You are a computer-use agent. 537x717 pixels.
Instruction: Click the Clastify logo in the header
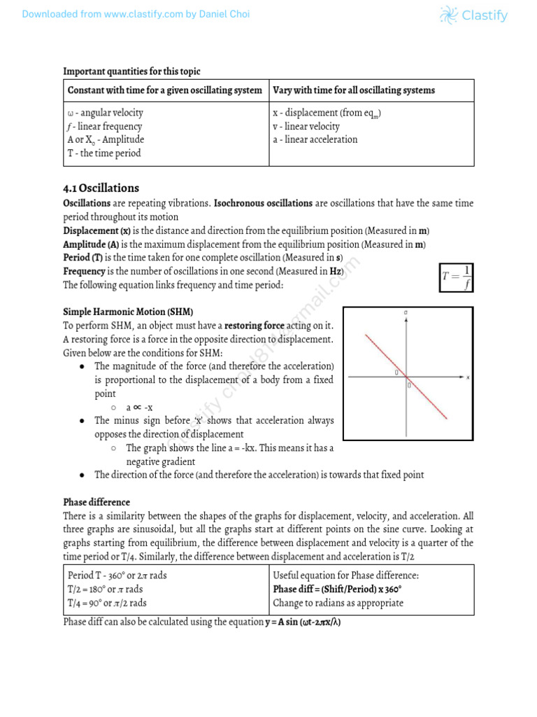pos(473,15)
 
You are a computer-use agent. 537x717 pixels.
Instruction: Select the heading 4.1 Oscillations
pos(101,188)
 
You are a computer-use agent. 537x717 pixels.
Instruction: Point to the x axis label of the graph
pos(467,377)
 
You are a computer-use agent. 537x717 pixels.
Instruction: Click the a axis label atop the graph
pos(406,311)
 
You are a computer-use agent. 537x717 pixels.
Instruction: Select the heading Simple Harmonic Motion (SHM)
pos(128,312)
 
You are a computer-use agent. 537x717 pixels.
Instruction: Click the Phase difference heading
pos(96,502)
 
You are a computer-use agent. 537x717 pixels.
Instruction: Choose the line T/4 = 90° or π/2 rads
pos(107,602)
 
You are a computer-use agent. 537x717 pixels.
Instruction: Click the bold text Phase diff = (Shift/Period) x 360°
pos(337,589)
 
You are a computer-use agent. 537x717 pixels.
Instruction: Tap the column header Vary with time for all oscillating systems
pos(354,90)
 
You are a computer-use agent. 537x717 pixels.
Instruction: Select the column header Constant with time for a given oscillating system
pos(164,90)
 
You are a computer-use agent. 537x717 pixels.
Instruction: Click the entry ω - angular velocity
pos(105,113)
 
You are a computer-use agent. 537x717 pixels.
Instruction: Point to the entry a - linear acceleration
pos(315,139)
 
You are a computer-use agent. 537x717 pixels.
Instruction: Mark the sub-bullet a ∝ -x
pos(139,407)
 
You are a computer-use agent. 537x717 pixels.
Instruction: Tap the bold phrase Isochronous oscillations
pos(263,203)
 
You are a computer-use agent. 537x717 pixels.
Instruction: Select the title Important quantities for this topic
pos(131,71)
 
